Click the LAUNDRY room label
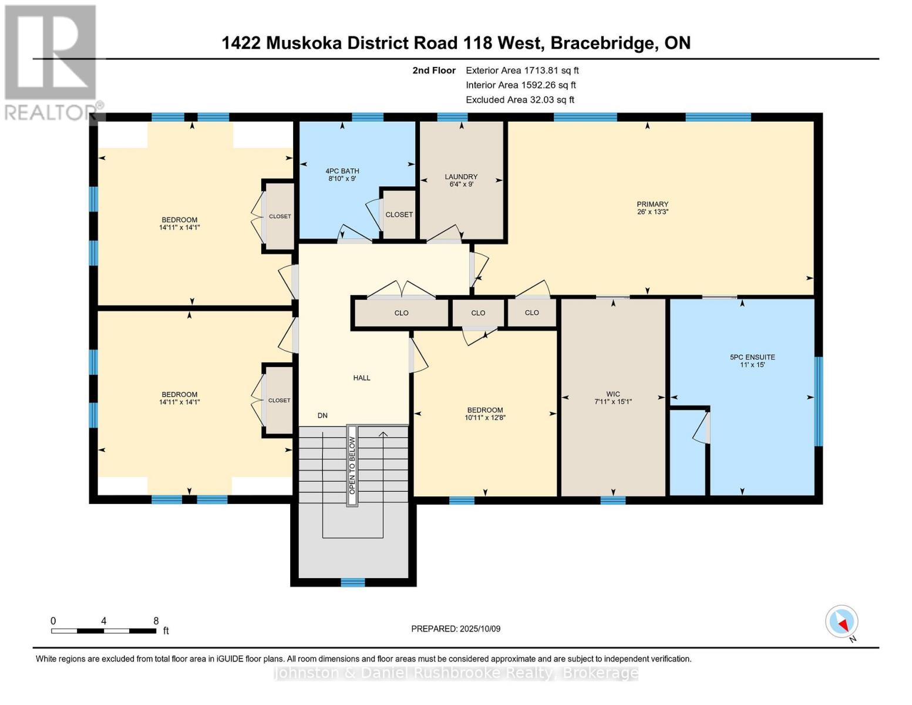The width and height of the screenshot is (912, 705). tap(461, 177)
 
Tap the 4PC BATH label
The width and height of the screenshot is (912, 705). tap(342, 171)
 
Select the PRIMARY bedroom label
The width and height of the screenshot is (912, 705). tap(652, 204)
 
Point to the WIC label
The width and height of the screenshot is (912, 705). tap(613, 394)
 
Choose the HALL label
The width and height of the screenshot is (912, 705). tap(362, 378)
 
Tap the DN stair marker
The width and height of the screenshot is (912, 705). tap(322, 415)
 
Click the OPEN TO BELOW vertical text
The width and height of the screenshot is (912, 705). tap(352, 465)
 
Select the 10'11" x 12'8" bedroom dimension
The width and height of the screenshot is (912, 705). tap(485, 418)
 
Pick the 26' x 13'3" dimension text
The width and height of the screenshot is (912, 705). tap(652, 212)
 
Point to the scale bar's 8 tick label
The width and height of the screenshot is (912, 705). tap(156, 621)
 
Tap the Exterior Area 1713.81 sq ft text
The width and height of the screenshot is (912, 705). tap(522, 70)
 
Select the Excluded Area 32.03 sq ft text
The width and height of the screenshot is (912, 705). tap(520, 100)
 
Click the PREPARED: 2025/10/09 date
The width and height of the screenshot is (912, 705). tap(456, 629)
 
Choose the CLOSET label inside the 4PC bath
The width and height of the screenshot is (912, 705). tap(399, 214)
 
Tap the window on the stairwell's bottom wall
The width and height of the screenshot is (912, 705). tap(353, 582)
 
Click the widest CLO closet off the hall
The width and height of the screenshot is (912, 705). tap(401, 313)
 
